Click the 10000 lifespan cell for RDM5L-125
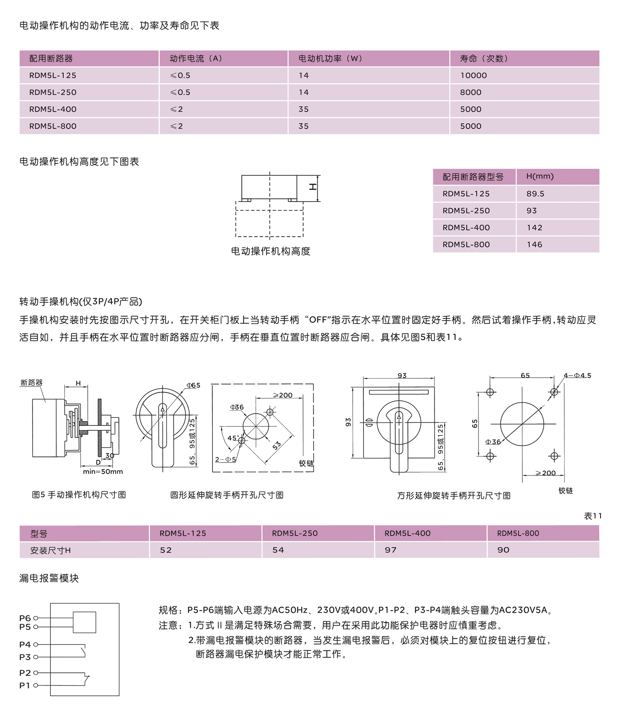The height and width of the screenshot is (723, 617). tap(473, 75)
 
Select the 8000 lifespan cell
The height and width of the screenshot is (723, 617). tap(470, 92)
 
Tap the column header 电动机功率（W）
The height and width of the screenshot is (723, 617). tap(330, 58)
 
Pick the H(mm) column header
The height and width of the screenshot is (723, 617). tap(540, 177)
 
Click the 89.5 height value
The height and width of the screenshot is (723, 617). tap(535, 194)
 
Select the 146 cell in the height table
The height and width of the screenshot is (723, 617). tap(534, 244)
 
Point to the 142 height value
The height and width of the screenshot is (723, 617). tap(534, 228)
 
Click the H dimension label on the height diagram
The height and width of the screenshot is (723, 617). tap(313, 187)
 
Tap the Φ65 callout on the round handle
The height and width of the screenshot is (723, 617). tap(193, 385)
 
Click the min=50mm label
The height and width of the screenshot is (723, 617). tap(103, 472)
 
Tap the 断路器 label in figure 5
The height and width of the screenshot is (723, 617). tap(31, 383)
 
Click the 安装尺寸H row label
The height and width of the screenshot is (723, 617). tap(50, 550)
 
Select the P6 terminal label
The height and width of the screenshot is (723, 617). tap(25, 618)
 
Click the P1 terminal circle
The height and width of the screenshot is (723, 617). tap(35, 685)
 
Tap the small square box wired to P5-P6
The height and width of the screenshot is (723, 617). tap(84, 622)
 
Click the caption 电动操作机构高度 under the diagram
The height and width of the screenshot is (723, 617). tap(270, 251)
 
